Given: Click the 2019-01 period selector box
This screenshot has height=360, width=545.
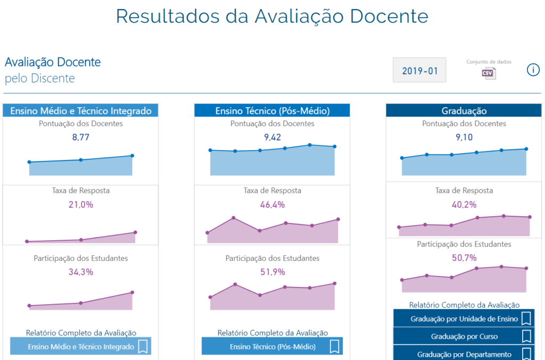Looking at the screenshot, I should (x=419, y=70).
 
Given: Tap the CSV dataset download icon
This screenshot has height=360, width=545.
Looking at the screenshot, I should (x=489, y=73).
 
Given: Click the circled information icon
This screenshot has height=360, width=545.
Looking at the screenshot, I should (x=533, y=70).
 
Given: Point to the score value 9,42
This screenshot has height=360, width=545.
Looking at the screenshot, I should (x=272, y=137).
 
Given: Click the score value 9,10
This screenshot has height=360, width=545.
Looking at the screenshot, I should (x=464, y=137).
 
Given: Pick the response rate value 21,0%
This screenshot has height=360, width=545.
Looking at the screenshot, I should (x=80, y=204).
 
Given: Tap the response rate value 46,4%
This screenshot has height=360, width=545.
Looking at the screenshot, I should (x=272, y=204).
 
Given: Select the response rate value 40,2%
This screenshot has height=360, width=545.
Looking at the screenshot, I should (x=464, y=204).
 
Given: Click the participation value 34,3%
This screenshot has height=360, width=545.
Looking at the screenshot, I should (x=80, y=272).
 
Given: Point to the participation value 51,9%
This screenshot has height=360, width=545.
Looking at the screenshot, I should (x=272, y=272).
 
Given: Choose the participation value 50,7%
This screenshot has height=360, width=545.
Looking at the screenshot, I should (x=464, y=258).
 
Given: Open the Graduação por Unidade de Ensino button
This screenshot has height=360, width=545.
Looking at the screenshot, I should (x=464, y=319).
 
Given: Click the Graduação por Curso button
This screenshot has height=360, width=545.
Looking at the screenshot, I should (x=464, y=337).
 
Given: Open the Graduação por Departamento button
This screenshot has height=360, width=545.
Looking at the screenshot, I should (x=464, y=353).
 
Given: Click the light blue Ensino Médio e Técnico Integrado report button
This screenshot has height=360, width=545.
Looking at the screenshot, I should (x=80, y=346).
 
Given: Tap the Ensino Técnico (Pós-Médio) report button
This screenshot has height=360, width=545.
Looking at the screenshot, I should (x=272, y=346).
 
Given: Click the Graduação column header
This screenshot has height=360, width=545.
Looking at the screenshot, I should (x=464, y=111).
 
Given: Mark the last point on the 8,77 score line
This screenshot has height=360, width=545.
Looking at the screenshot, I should (x=132, y=156).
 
